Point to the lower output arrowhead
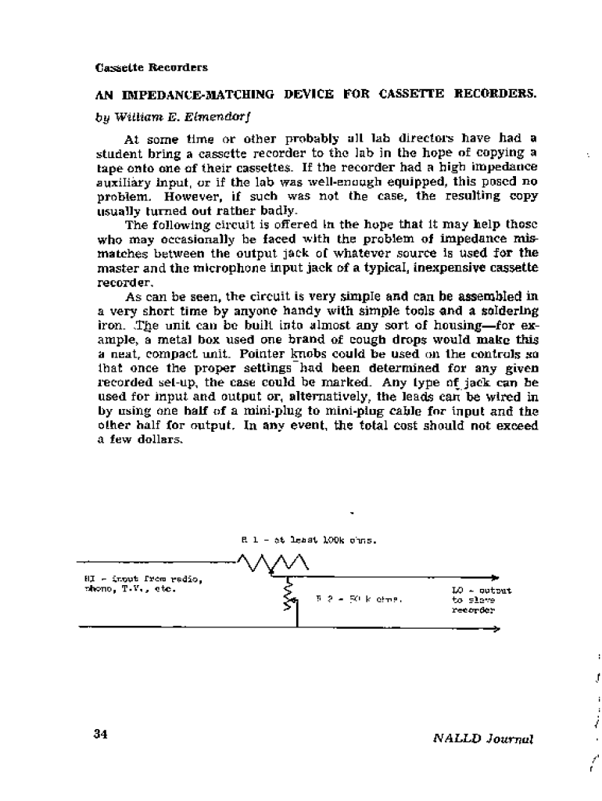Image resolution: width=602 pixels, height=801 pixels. point(494,628)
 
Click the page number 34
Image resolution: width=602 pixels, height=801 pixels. point(100,734)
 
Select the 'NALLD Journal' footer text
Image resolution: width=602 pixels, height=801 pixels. point(482,738)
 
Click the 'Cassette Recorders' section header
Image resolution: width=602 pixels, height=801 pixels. point(152,67)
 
